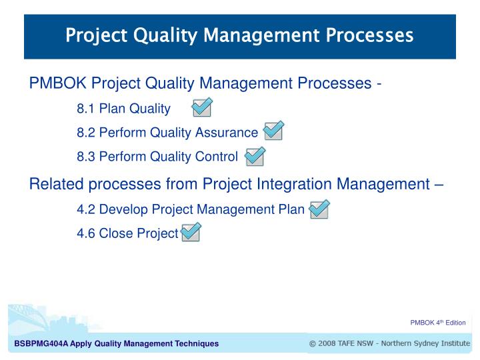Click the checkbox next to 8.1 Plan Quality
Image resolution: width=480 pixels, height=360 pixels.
202,108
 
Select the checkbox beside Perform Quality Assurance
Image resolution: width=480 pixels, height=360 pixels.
273,131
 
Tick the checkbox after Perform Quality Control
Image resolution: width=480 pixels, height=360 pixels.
255,157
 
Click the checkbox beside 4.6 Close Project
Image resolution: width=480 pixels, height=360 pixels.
191,232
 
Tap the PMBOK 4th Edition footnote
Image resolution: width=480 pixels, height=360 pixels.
437,323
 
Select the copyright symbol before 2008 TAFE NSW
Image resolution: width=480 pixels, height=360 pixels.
313,343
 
